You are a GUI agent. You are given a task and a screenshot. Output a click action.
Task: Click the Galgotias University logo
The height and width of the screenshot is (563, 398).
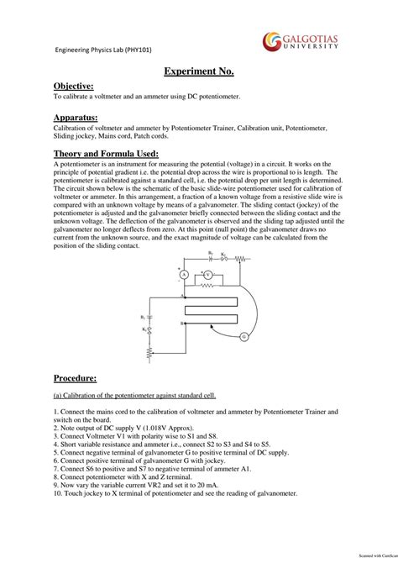point(301,41)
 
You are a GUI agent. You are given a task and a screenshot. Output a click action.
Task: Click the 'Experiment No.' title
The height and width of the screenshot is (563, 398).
point(198,74)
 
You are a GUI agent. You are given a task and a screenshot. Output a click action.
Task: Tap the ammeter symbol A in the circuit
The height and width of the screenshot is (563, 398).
point(183,275)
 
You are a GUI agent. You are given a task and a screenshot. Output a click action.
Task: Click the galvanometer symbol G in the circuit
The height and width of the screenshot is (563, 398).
point(244,337)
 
